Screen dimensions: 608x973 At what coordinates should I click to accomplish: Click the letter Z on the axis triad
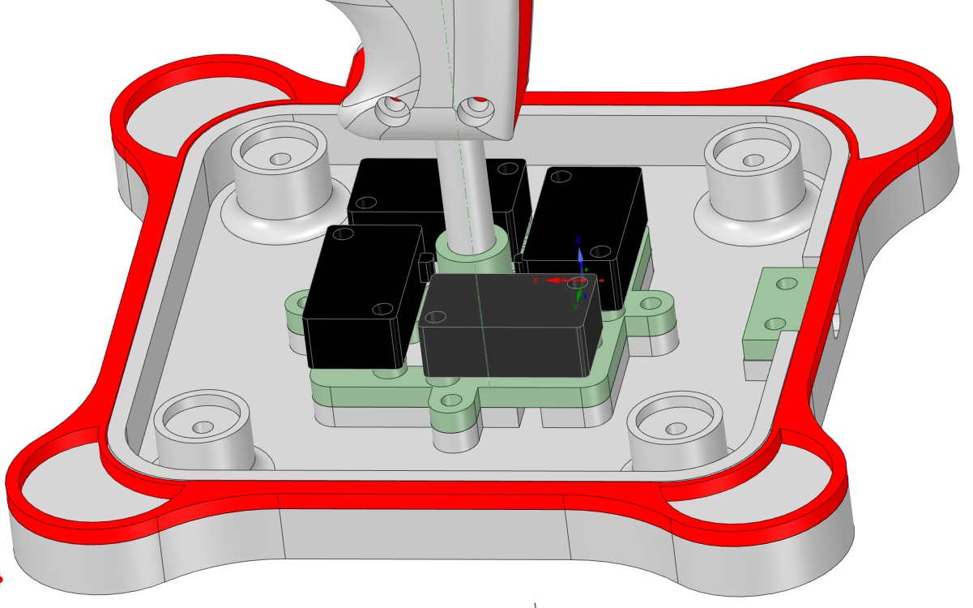[579, 241]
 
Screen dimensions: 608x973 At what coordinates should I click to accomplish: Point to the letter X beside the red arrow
[536, 280]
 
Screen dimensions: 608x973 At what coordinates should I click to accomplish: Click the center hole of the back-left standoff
[280, 158]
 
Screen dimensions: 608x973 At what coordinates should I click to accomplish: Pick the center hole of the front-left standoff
[203, 426]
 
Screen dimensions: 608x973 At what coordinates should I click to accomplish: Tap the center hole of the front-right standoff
[671, 427]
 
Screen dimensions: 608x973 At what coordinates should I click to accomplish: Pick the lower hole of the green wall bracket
[774, 323]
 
